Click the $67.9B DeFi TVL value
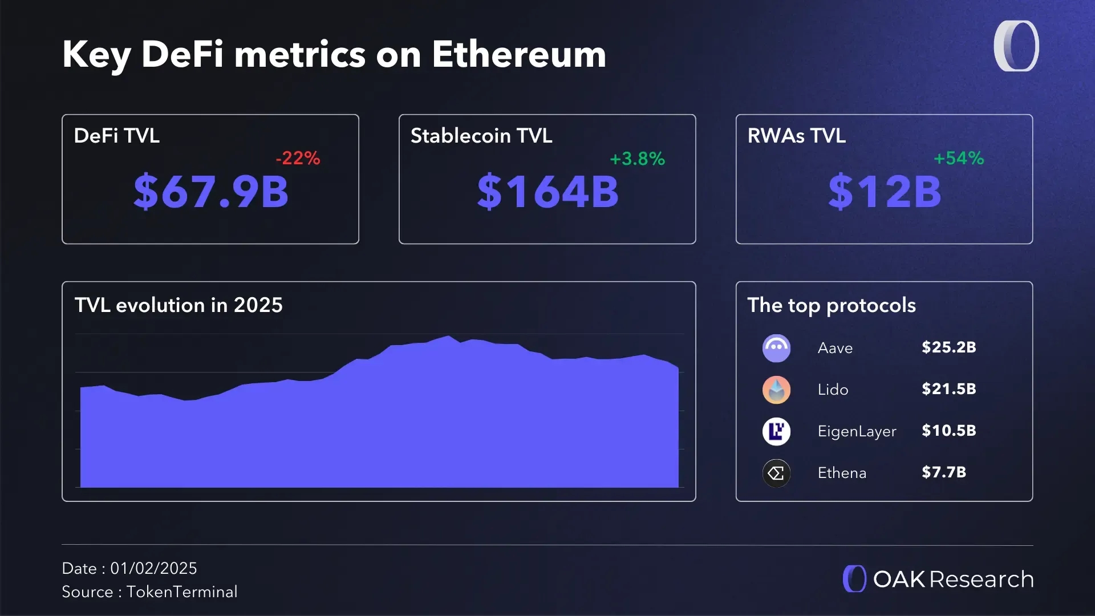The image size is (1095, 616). (211, 192)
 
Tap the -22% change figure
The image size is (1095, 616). (298, 158)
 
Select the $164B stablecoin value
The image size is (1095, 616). (547, 192)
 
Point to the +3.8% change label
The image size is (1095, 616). (637, 159)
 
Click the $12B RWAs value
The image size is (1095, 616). (884, 192)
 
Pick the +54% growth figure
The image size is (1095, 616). (958, 158)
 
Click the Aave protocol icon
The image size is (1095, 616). (776, 348)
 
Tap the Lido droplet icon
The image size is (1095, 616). (776, 390)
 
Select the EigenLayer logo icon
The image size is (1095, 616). (776, 431)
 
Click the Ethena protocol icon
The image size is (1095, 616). (776, 473)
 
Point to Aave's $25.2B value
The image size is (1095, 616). (948, 347)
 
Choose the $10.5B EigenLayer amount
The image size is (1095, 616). (948, 431)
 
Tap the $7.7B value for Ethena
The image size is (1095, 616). (943, 472)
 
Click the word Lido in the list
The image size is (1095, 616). (833, 390)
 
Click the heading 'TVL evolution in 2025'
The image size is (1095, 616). (179, 305)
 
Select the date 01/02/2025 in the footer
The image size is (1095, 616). (153, 568)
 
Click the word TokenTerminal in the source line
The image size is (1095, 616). (182, 591)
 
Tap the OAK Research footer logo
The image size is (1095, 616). (938, 579)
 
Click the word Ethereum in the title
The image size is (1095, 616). (518, 55)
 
